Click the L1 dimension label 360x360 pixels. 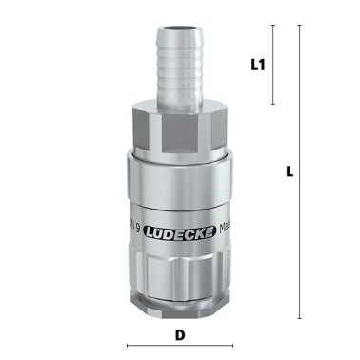tap(256, 65)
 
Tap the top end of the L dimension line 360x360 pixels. tap(301, 26)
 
